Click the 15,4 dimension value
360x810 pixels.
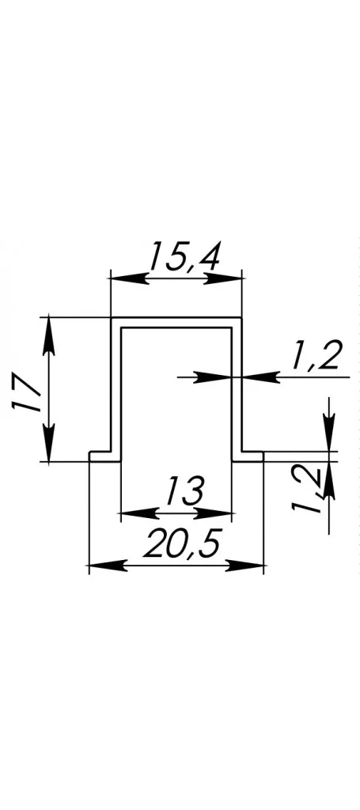pos(184,256)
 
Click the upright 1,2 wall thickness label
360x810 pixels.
pos(315,356)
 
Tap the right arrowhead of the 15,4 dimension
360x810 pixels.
pos(224,279)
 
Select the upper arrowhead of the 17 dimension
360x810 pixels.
pos(48,335)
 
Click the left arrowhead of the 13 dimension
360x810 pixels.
pos(138,513)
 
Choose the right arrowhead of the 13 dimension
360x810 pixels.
pos(214,513)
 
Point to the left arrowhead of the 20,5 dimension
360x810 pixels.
pos(108,566)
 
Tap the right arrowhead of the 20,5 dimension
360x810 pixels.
pos(246,566)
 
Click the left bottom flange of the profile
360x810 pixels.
pos(105,456)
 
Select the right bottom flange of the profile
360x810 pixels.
pos(248,456)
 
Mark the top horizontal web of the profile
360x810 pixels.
pos(176,323)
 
